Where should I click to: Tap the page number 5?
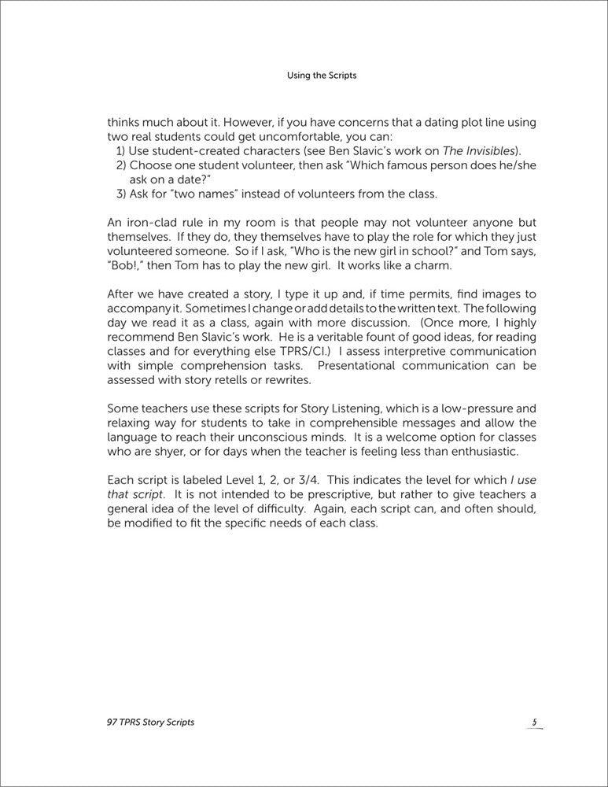(x=533, y=722)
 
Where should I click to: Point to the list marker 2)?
(x=121, y=165)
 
